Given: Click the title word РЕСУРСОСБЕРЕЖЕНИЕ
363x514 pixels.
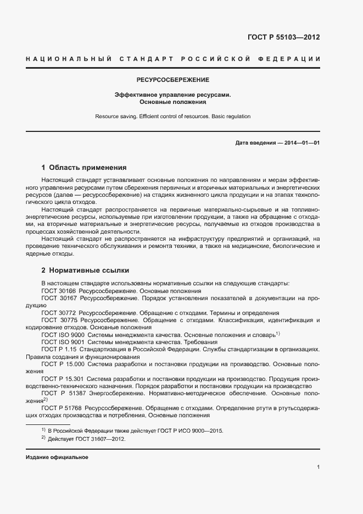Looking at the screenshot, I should click(173, 80).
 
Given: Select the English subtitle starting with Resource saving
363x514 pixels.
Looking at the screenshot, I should click(173, 117).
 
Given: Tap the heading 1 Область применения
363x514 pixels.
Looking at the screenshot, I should click(84, 167).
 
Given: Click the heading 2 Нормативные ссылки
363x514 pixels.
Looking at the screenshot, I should click(85, 270).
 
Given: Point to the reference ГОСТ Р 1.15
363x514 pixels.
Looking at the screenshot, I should click(59, 349).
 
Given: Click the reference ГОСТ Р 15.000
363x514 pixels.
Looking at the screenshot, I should click(62, 364).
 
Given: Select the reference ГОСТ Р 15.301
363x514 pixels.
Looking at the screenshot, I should click(62, 378).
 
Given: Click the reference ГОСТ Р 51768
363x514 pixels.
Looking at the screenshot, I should click(61, 407).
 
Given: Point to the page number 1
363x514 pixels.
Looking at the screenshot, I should click(318, 467).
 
